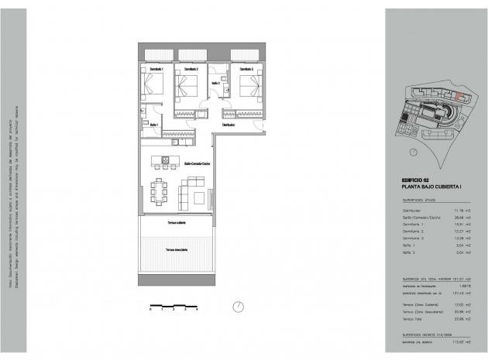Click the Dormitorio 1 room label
[152, 70]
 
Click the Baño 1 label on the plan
[154, 125]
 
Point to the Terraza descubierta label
[177, 250]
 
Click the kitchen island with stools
[166, 163]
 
